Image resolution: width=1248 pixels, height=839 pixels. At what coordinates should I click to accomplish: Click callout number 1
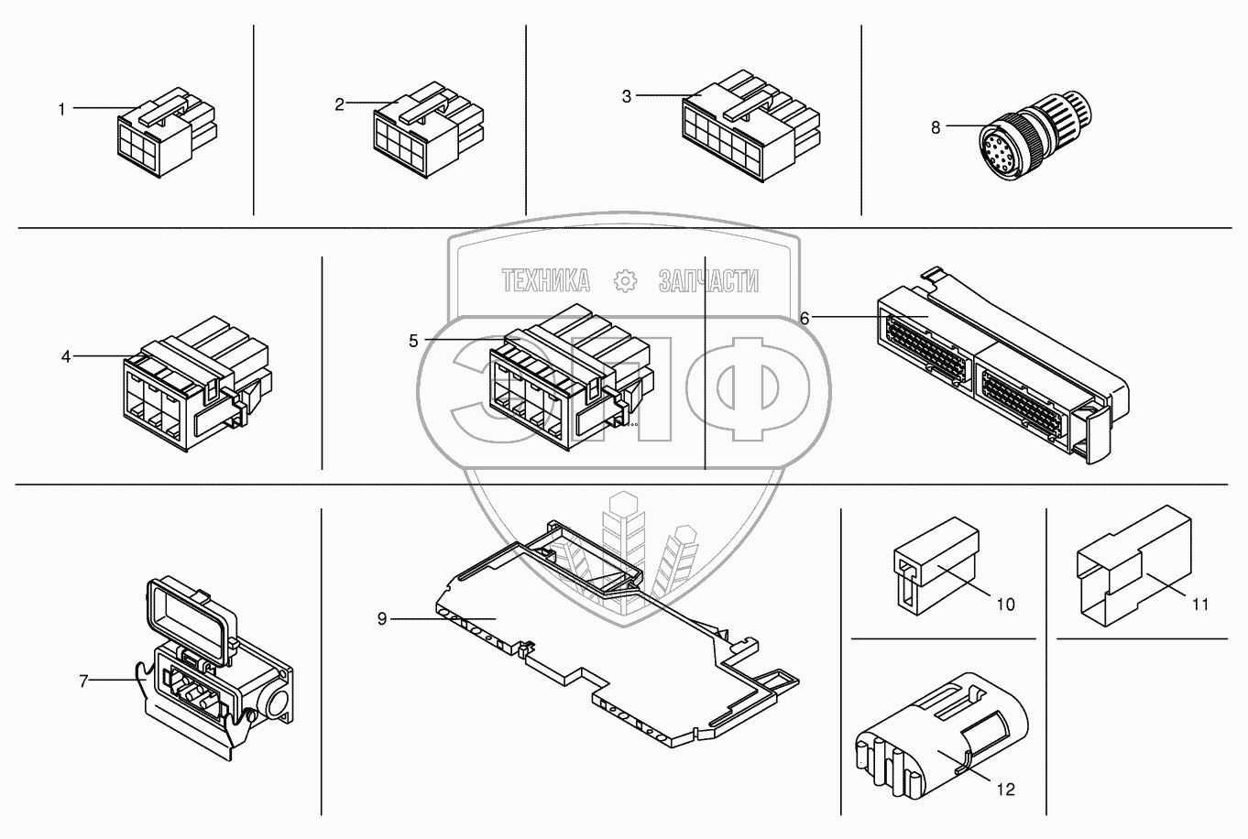pyautogui.click(x=61, y=110)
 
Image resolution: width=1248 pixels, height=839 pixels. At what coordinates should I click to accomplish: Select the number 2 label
pyautogui.click(x=339, y=104)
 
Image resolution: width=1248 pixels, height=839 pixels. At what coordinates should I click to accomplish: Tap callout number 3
pyautogui.click(x=627, y=96)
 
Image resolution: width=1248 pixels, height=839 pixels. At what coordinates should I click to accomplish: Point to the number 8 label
pyautogui.click(x=936, y=127)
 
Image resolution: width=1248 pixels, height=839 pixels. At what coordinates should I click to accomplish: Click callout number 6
pyautogui.click(x=805, y=318)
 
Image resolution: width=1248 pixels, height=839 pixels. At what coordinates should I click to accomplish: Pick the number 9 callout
pyautogui.click(x=381, y=619)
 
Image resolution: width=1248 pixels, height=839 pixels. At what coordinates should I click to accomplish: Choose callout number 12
pyautogui.click(x=1007, y=790)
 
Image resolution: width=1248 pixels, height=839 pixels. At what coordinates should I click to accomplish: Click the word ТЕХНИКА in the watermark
pyautogui.click(x=546, y=281)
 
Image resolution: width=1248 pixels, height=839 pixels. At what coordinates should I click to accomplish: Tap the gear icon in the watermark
pyautogui.click(x=625, y=281)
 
